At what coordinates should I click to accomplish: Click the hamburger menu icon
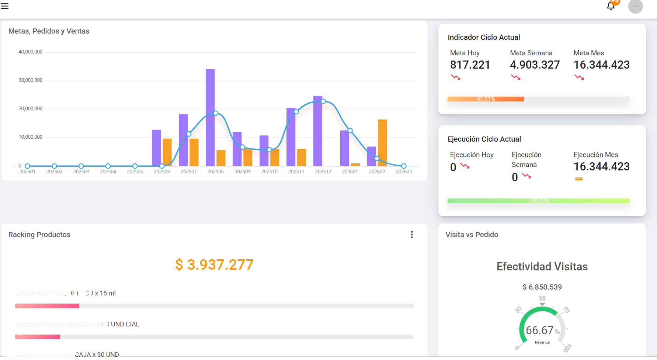point(5,6)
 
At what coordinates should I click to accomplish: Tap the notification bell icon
point(611,6)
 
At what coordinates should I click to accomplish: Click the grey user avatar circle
point(635,6)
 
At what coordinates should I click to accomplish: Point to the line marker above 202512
point(323,101)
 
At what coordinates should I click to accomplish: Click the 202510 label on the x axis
point(270,172)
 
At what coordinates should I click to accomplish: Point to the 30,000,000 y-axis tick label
point(31,80)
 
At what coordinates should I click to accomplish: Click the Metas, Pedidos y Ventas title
point(49,31)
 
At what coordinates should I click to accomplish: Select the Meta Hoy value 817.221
point(470,65)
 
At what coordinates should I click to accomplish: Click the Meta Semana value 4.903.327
point(535,65)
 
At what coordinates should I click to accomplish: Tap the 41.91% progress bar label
point(486,99)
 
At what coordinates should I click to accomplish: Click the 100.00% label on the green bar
point(539,201)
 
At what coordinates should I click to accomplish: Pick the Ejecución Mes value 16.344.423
point(601,167)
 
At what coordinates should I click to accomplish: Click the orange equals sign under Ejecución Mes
point(579,179)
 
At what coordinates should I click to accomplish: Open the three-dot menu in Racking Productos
point(412,235)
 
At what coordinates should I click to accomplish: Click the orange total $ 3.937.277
point(214,264)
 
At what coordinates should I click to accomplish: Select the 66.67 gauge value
point(539,330)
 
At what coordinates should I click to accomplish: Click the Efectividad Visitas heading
point(542,266)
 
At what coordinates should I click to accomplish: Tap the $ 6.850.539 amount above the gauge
point(542,287)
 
